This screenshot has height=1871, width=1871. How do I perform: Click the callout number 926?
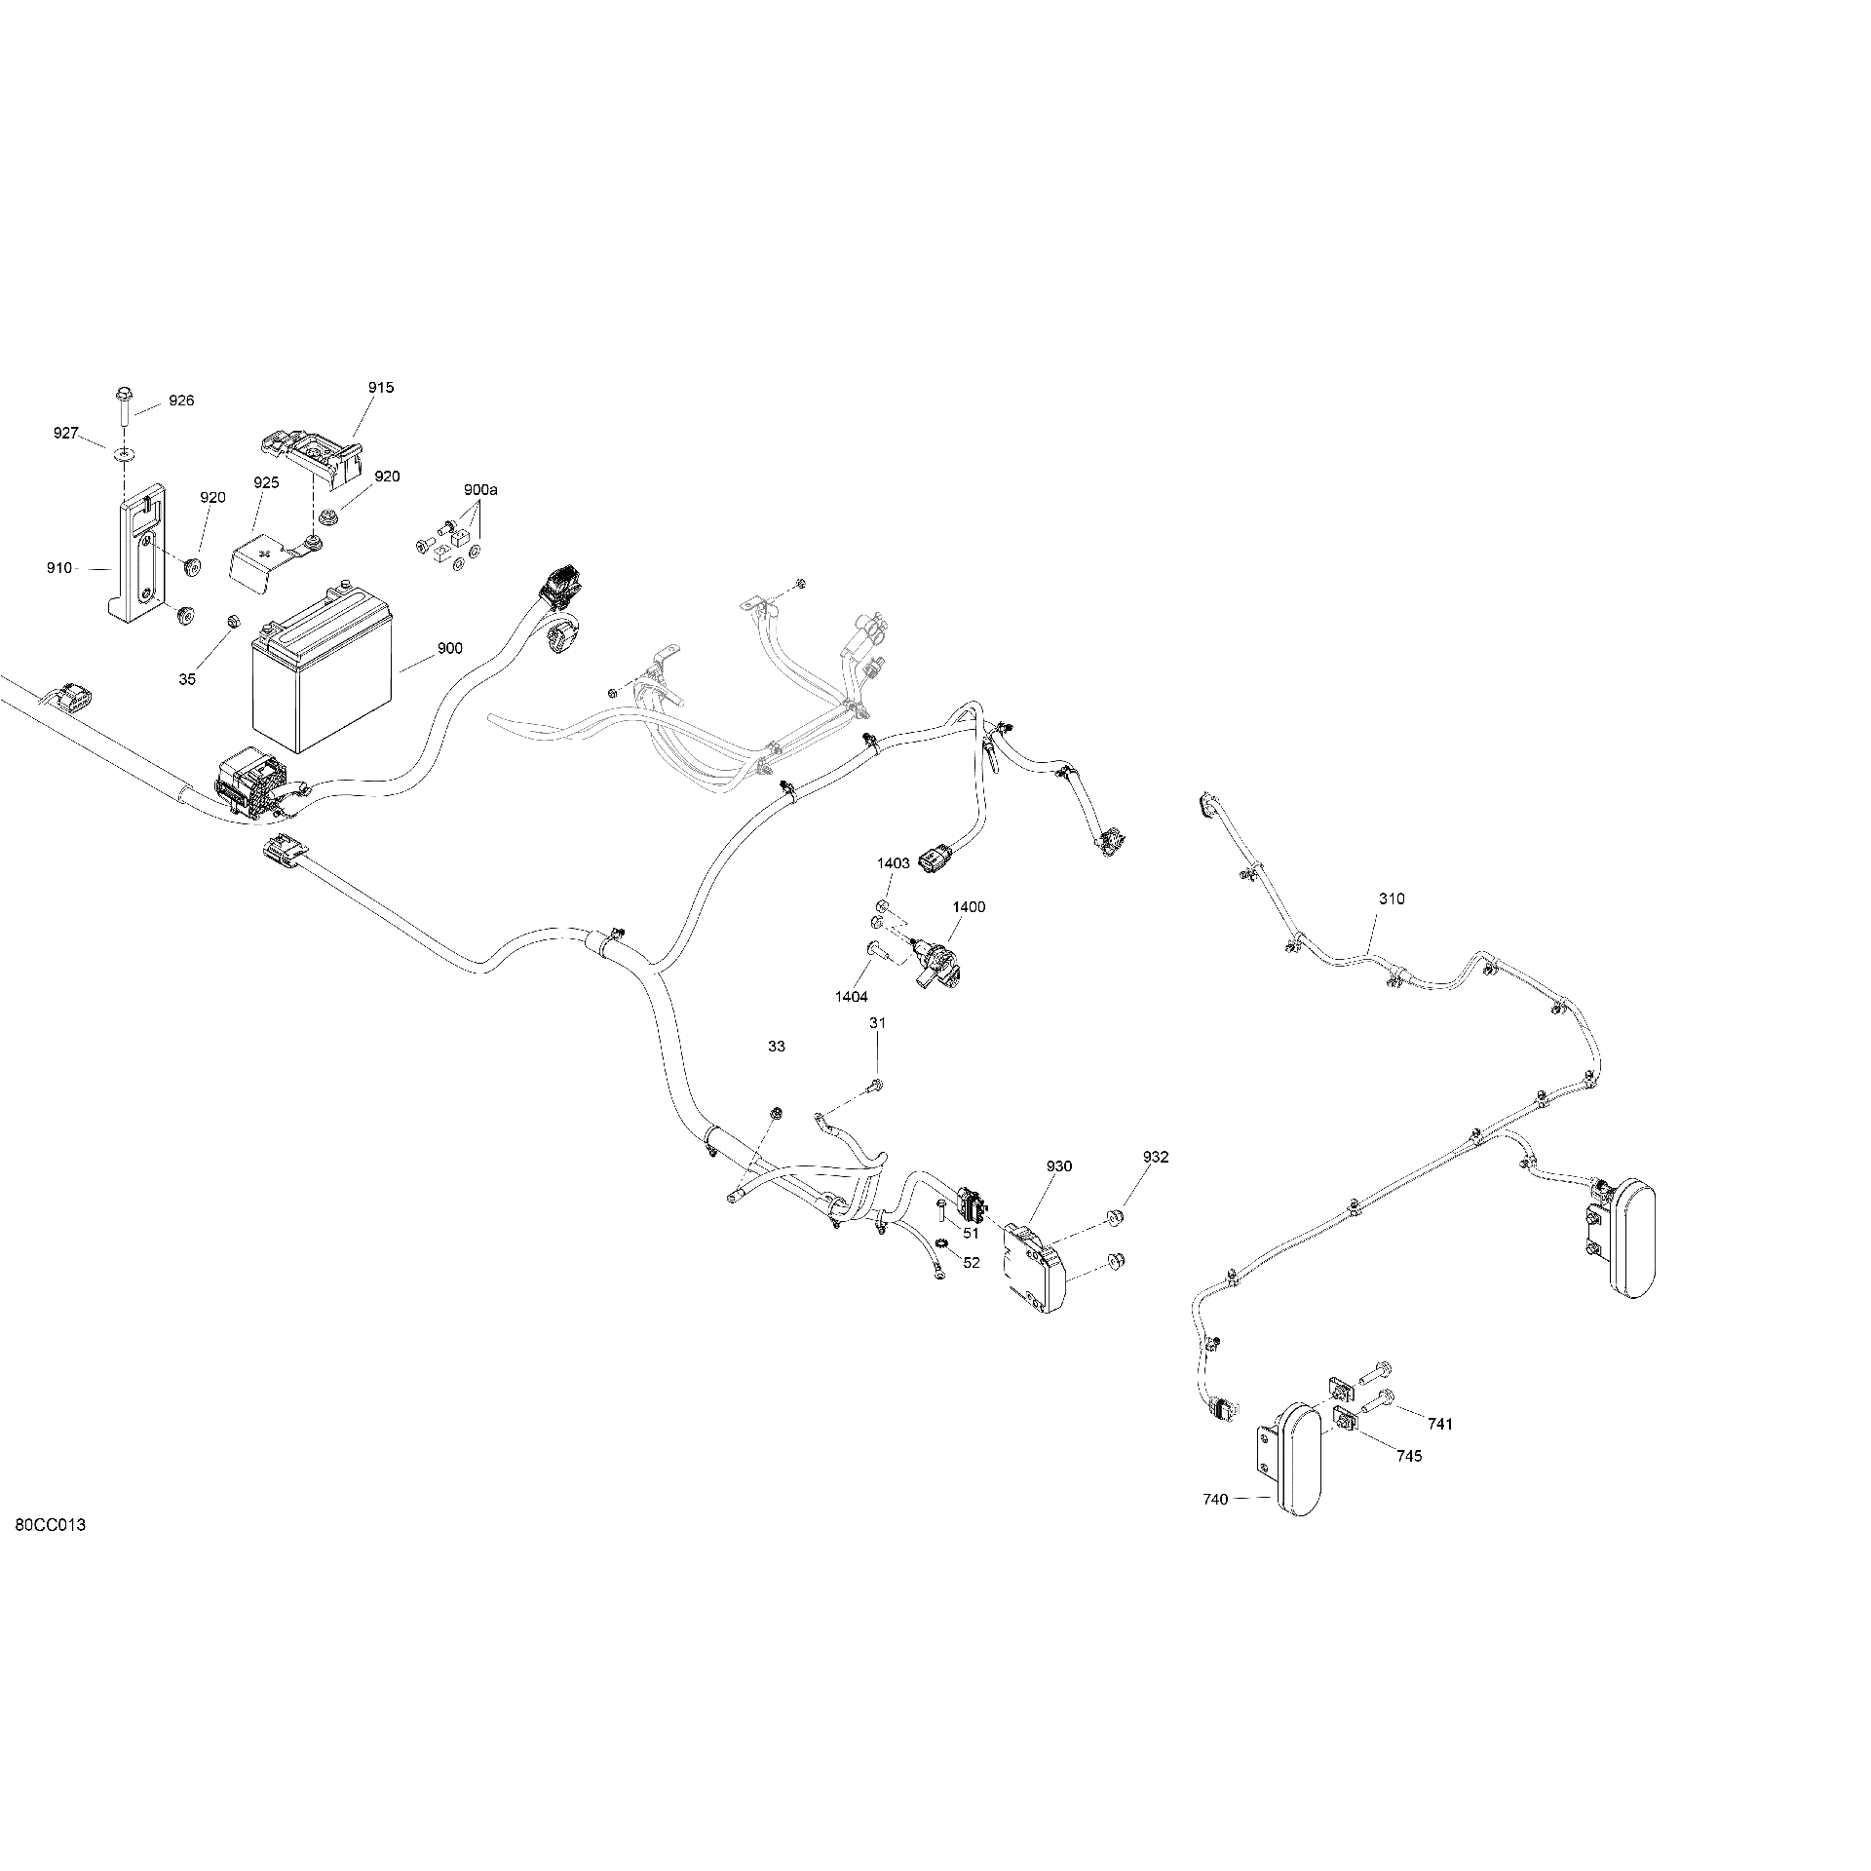(x=181, y=401)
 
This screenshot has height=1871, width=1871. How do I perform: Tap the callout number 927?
(x=66, y=433)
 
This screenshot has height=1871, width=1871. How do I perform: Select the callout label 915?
(x=381, y=388)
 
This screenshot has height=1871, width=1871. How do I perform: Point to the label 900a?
(x=480, y=489)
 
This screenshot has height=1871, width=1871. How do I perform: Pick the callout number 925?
(x=266, y=482)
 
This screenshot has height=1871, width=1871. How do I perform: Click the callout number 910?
(x=58, y=568)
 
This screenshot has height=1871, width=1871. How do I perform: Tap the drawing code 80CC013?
(x=51, y=1552)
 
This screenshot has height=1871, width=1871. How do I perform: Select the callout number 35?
(x=187, y=679)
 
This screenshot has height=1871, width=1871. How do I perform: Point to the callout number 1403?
(x=894, y=863)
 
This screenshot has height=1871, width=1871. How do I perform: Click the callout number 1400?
(x=969, y=907)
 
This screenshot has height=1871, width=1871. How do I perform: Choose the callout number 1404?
(x=851, y=997)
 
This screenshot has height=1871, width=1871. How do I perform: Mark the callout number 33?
(x=776, y=1047)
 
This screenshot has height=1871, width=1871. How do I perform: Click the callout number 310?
(x=1392, y=898)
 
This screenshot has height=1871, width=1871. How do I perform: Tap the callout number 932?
(x=1156, y=1157)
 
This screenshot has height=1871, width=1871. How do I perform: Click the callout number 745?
(x=1409, y=1456)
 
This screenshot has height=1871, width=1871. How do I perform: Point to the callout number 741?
(x=1440, y=1424)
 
